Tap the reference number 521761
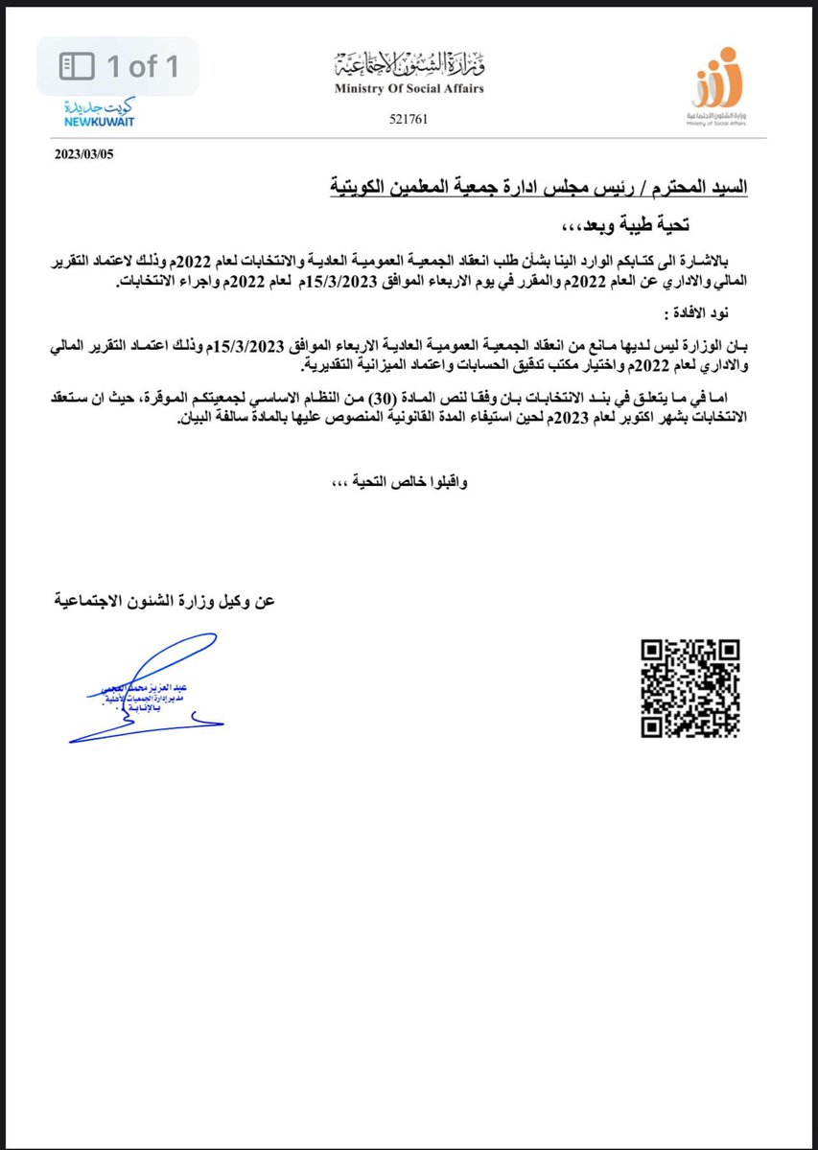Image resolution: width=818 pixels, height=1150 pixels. pos(409,121)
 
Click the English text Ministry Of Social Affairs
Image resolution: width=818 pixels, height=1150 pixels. pos(409,89)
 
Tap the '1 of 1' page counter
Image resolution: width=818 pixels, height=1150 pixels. pos(144,67)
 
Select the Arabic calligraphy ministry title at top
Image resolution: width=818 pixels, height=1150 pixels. pos(409,65)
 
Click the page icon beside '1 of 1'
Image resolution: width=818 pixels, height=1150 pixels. pos(76,67)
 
